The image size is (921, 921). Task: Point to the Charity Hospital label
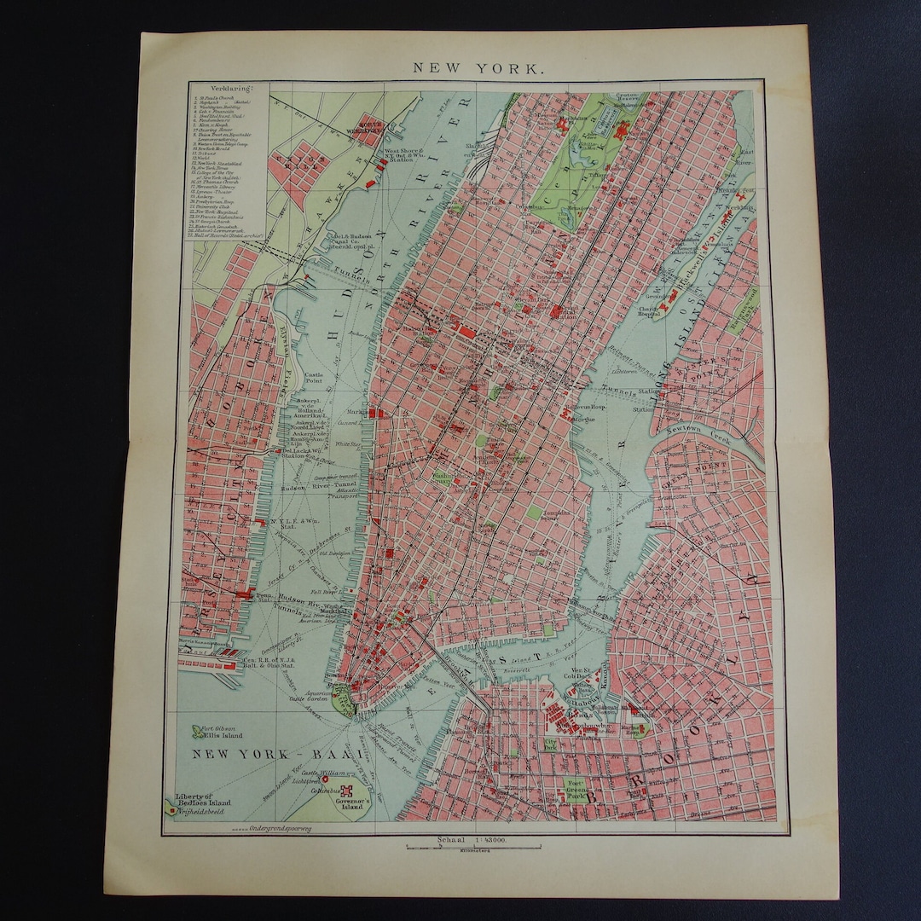pos(650,311)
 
